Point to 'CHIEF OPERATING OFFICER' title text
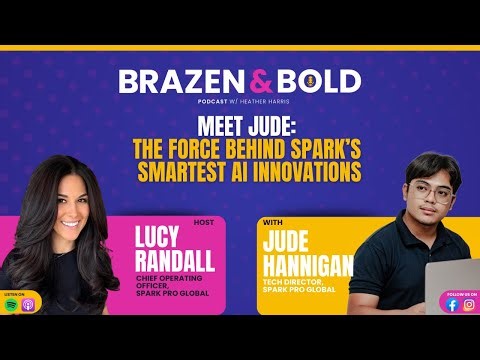point(180,285)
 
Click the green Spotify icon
point(12,305)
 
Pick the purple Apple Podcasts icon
point(28,305)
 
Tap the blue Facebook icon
point(452,305)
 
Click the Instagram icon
point(468,305)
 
